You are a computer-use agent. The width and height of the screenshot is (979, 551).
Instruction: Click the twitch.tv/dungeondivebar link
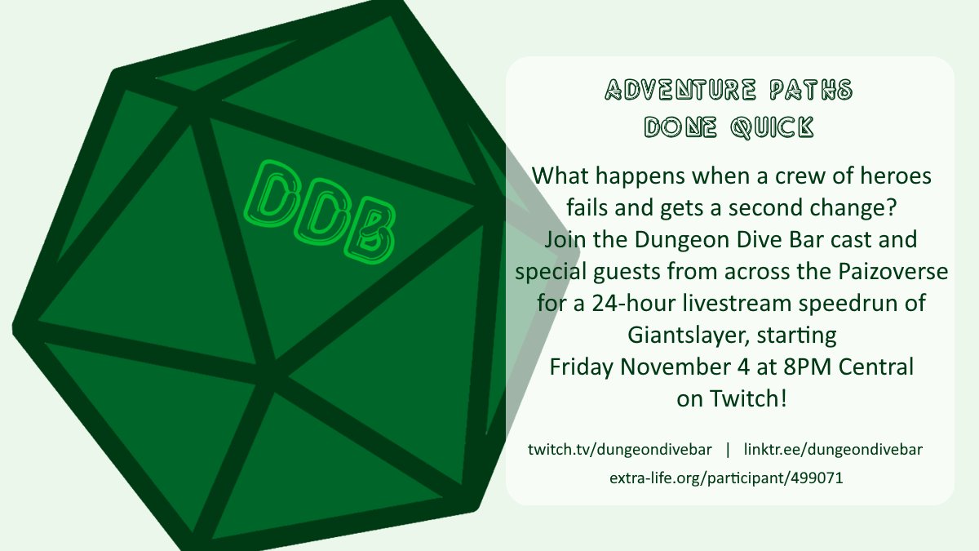click(620, 450)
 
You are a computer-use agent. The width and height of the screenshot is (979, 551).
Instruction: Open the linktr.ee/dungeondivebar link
click(833, 450)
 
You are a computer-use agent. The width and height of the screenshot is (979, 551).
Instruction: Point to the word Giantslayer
click(687, 335)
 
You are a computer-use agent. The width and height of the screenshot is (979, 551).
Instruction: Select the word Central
click(876, 367)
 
